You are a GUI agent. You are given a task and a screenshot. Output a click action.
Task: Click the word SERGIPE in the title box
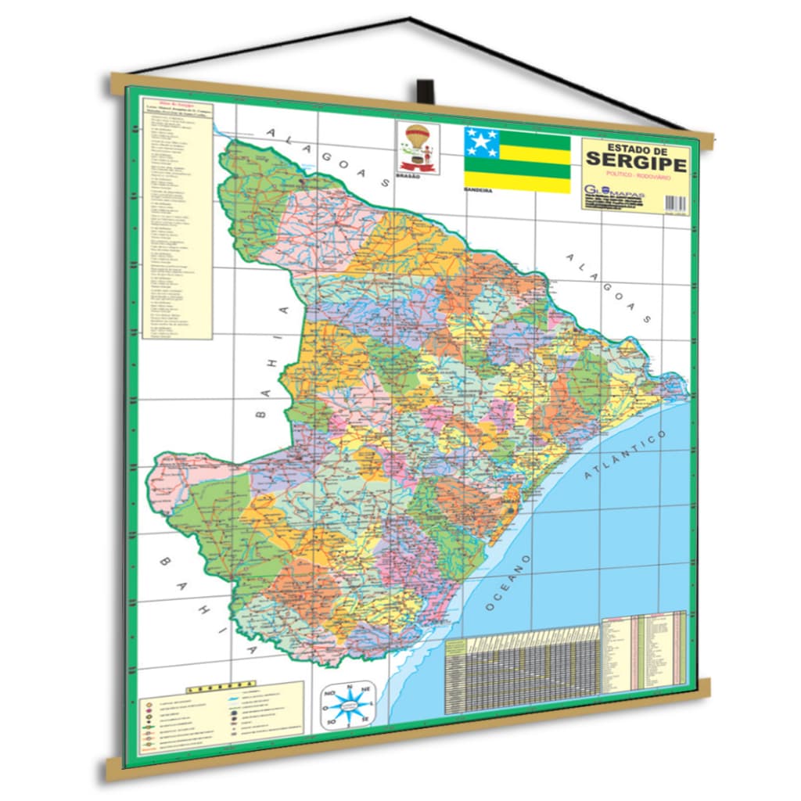[x=636, y=163]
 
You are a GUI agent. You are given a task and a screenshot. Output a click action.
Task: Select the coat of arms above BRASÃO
[x=415, y=146]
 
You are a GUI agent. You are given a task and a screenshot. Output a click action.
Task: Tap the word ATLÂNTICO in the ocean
[x=626, y=462]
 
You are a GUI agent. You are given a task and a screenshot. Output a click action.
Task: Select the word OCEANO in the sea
[x=508, y=583]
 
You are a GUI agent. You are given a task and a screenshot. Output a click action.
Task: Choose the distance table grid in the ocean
[x=523, y=673]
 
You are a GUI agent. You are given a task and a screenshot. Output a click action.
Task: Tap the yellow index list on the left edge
[x=178, y=219]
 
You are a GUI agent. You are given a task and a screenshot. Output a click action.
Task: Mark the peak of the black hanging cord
[x=408, y=18]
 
